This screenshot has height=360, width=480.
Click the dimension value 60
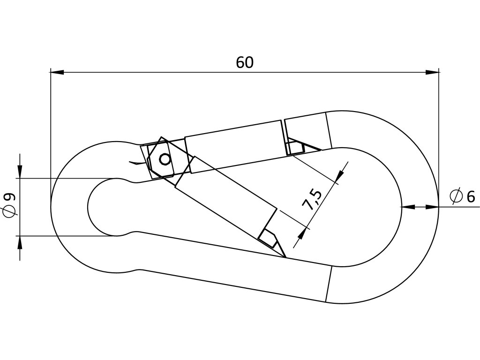245,62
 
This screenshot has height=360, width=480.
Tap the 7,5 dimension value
312,200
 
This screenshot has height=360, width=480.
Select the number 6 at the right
470,197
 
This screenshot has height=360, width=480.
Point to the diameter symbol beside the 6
456,196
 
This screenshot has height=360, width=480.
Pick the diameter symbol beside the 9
9,211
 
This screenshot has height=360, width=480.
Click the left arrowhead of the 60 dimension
57,72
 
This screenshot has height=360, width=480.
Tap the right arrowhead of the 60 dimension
432,72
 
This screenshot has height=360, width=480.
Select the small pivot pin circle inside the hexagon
165,159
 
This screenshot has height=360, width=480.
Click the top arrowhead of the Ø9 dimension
20,172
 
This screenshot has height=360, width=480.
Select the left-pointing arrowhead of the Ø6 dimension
408,206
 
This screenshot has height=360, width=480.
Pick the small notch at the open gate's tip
269,238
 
